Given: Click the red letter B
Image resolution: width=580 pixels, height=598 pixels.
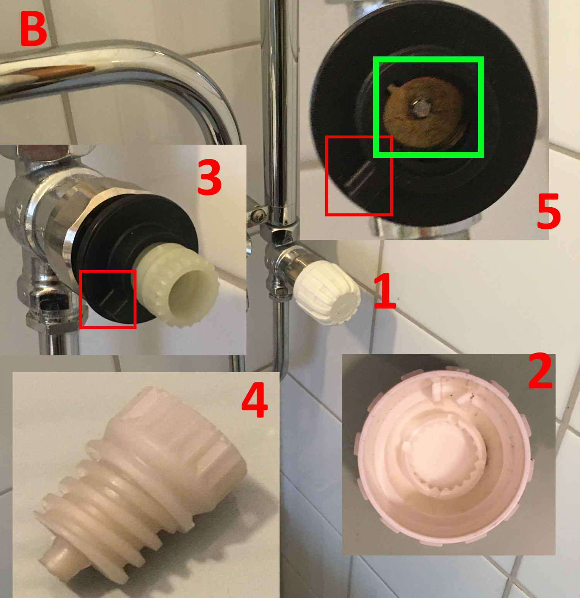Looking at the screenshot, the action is [x=34, y=29].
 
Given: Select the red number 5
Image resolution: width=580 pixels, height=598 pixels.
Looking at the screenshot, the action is [x=549, y=211].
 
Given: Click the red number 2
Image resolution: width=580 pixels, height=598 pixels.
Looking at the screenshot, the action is [x=540, y=370].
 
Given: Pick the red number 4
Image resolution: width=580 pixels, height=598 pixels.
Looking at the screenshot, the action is [x=254, y=400].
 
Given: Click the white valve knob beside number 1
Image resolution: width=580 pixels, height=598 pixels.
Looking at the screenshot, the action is [x=327, y=292].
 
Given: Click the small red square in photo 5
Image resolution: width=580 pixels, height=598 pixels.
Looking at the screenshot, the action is [x=359, y=176].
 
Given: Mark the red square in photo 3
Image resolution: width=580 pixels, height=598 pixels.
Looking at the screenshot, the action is [x=108, y=299].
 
